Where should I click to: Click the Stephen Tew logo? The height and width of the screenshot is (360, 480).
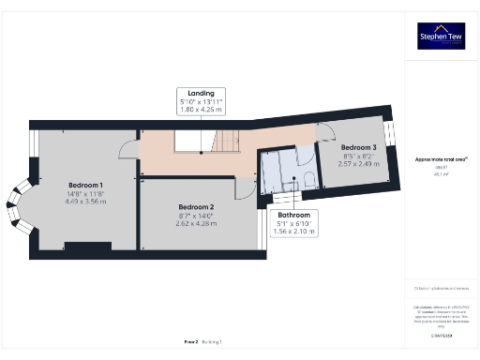441,36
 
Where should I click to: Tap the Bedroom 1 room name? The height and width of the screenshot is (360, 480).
86,185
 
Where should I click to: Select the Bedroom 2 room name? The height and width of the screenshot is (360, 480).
197,206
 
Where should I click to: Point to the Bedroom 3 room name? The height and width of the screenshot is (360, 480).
360,148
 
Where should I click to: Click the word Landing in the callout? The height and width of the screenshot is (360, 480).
201,94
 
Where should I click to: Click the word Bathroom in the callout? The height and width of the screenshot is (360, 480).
293,215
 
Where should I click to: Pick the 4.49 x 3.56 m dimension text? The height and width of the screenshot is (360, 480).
86,200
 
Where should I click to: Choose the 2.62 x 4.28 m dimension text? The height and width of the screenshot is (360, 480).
197,222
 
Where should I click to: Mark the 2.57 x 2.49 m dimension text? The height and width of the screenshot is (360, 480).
360,163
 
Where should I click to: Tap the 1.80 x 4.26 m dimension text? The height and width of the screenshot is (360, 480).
201,110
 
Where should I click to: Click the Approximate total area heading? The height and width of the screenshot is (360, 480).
441,159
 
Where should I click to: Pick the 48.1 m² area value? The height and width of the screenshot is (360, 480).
440,174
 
